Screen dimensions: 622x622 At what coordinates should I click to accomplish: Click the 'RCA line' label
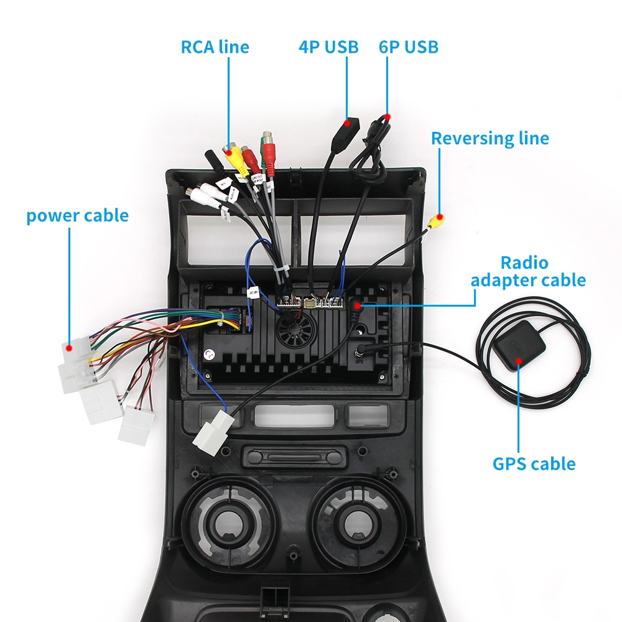pos(215,47)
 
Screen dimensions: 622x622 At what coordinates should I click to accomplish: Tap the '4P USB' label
pos(328,47)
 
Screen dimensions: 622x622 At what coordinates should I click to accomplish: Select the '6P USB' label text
pos(408,47)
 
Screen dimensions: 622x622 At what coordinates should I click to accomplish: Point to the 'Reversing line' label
pos(490,138)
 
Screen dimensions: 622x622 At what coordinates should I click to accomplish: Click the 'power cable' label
pos(77,216)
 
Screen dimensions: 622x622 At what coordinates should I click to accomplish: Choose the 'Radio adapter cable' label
pos(528,271)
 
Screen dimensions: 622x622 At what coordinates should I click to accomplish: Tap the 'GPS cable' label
pos(534,463)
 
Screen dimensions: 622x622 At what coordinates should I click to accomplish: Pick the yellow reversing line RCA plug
pos(436,221)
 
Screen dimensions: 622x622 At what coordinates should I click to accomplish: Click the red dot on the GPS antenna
pos(519,361)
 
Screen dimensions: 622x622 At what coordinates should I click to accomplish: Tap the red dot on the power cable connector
pos(70,341)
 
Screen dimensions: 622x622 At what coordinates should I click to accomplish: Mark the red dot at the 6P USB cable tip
pos(387,117)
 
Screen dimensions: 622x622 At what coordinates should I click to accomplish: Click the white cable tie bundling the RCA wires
pos(279,269)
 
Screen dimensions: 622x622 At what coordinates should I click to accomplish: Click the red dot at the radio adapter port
pos(358,305)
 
